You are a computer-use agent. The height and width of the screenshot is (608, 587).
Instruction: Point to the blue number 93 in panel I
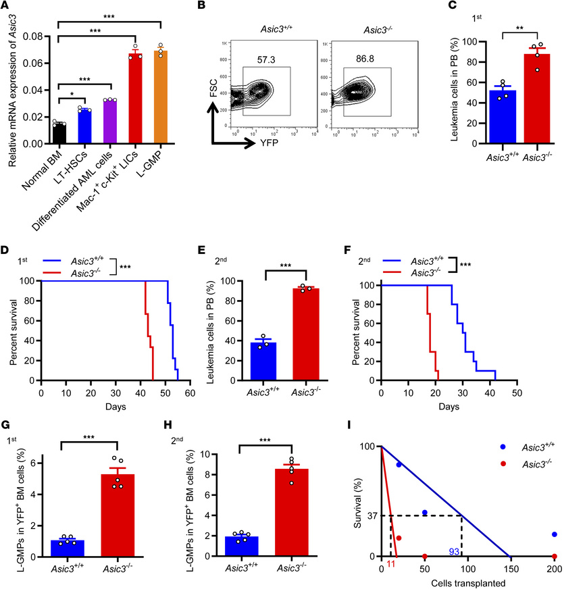point(454,553)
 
